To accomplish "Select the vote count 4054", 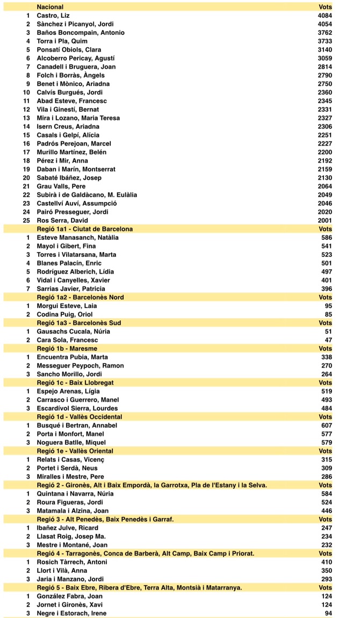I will (325, 24).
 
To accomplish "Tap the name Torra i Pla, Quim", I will (62, 41).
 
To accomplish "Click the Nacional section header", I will (50, 7).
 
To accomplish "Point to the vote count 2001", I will (325, 220).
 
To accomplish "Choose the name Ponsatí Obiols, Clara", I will (69, 50).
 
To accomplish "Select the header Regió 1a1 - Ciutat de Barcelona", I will (84, 229).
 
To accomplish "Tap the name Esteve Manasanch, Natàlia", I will (77, 238).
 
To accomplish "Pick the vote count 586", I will (326, 238).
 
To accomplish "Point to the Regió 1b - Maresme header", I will (67, 349).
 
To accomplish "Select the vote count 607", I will (326, 426).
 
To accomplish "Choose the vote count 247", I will (326, 528).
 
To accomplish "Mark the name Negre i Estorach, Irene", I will (71, 613).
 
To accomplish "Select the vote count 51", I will (328, 332).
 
